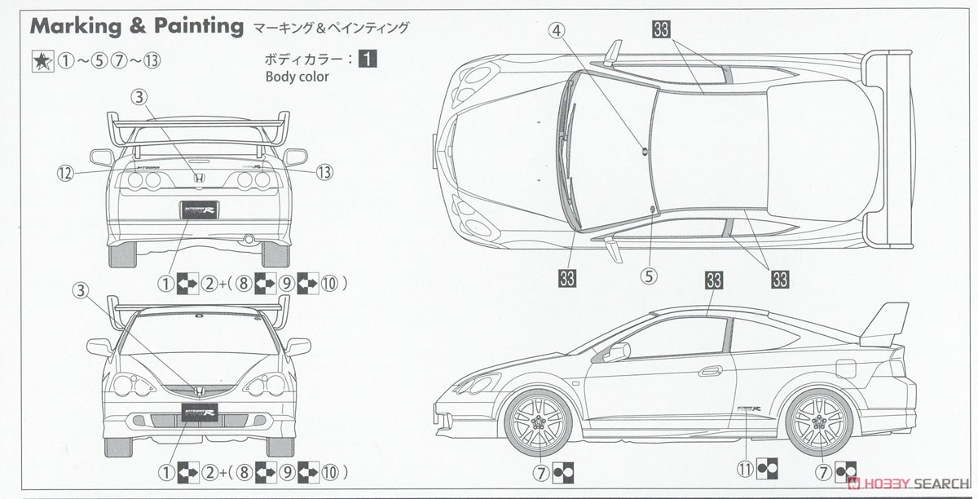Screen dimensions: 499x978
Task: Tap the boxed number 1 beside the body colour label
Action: click(368, 59)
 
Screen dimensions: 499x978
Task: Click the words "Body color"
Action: click(297, 77)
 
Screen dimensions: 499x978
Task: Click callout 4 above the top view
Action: click(557, 31)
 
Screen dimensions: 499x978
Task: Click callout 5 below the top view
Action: click(649, 276)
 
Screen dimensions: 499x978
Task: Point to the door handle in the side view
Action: click(710, 371)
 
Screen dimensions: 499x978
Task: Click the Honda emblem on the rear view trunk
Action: click(196, 177)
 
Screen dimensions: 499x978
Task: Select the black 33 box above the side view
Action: click(714, 281)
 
